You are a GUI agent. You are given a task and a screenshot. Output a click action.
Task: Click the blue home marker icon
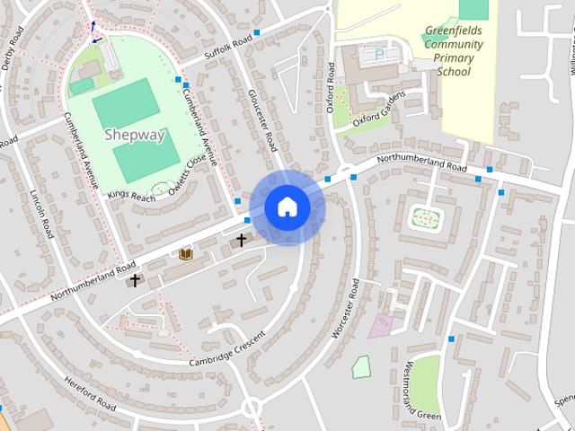click(x=287, y=207)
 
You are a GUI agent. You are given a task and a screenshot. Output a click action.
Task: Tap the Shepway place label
click(x=135, y=136)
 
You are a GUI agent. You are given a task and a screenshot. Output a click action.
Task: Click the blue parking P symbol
click(x=378, y=54)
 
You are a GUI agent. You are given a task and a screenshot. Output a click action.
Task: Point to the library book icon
click(x=186, y=255)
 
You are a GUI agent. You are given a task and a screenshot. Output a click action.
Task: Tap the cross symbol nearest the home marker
click(x=241, y=240)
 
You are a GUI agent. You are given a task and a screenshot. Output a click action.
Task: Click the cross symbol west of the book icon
click(x=135, y=280)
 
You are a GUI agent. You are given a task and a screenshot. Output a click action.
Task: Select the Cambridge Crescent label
click(x=228, y=349)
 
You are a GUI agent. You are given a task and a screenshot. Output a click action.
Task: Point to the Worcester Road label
click(x=345, y=308)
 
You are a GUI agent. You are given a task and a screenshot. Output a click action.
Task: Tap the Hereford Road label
click(x=90, y=395)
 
